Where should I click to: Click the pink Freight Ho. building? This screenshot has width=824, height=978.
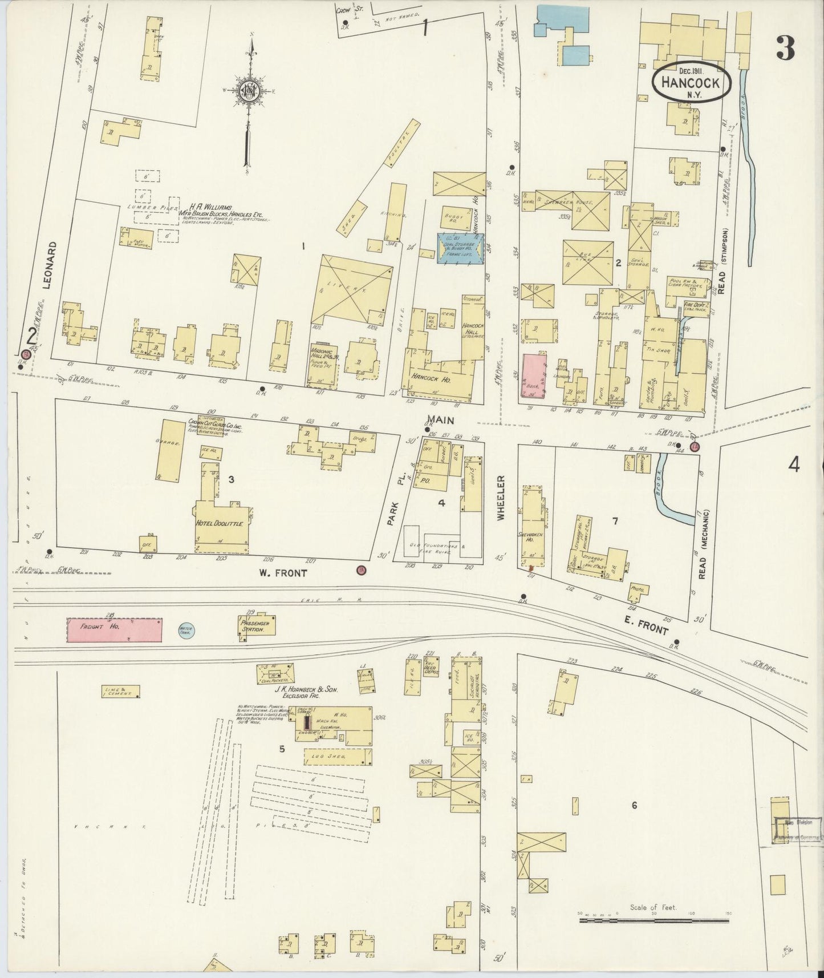(x=114, y=630)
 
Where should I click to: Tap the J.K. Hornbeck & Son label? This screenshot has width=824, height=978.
(x=307, y=689)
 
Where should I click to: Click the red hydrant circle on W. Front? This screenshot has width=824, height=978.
(x=360, y=569)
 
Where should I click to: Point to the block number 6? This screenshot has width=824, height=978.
(x=634, y=805)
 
